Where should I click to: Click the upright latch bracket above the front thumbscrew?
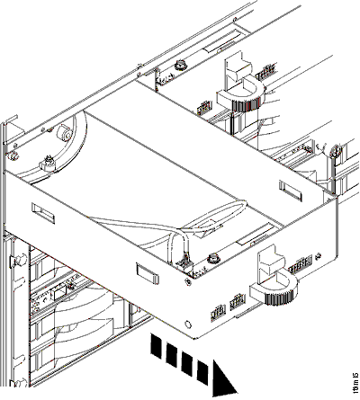(267, 263)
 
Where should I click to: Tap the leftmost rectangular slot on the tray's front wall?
(42, 211)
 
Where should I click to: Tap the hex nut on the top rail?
(181, 66)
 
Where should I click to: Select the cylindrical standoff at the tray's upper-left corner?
(64, 131)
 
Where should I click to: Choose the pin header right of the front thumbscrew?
(301, 271)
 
